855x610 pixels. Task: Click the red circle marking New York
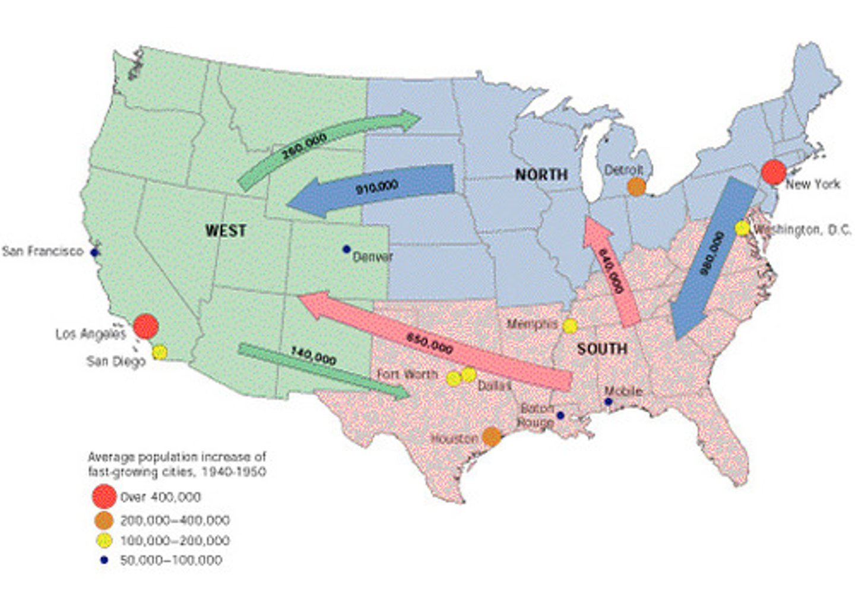click(774, 172)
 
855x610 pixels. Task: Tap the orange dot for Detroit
click(636, 187)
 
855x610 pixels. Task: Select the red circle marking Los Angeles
click(145, 326)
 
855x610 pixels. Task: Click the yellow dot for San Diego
click(159, 352)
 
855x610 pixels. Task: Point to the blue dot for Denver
click(346, 249)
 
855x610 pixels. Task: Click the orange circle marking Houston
click(492, 437)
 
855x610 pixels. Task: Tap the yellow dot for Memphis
click(570, 326)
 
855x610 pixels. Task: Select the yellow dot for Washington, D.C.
click(742, 228)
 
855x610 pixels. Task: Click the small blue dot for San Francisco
click(94, 252)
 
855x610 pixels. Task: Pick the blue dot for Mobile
click(608, 402)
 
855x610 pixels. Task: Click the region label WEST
click(226, 231)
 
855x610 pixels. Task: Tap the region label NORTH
click(541, 174)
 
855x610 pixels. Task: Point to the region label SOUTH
click(602, 349)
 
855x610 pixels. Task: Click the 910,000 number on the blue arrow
click(376, 188)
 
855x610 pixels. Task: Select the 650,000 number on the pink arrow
click(429, 344)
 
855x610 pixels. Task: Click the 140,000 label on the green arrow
click(313, 356)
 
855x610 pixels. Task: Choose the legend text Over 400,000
click(160, 497)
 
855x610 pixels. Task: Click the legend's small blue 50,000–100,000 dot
click(104, 560)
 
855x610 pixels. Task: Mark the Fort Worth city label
click(407, 374)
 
